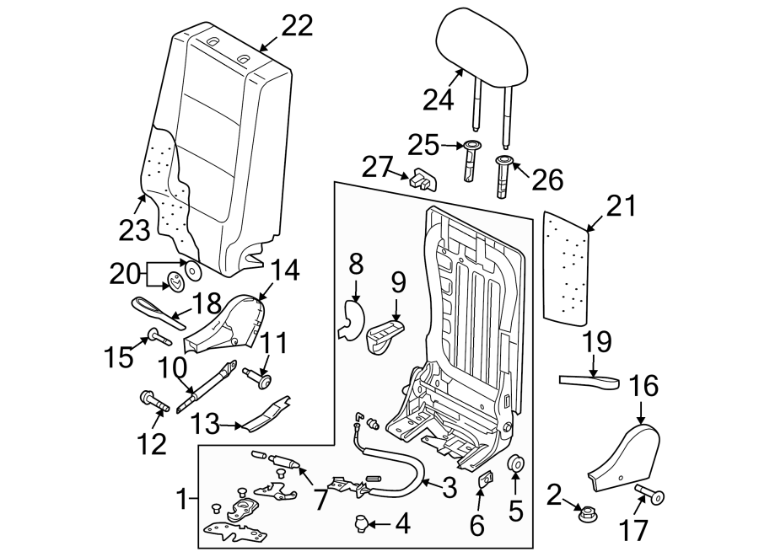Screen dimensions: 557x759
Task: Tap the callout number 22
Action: pos(297,26)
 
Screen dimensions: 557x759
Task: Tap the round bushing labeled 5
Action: pos(515,464)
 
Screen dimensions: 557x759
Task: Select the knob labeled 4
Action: pos(362,524)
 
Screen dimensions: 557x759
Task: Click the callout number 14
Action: pos(285,270)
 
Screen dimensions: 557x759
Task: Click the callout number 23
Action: pos(134,228)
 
